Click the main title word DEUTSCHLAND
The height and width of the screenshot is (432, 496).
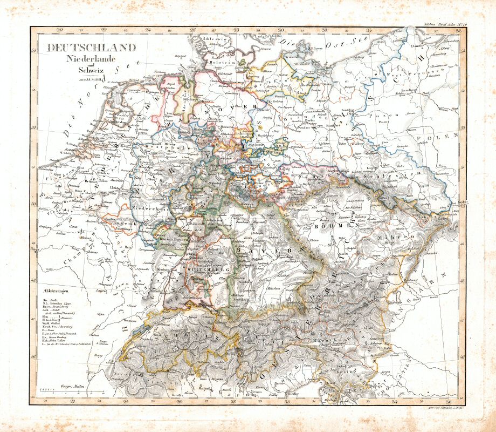coord(91,48)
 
